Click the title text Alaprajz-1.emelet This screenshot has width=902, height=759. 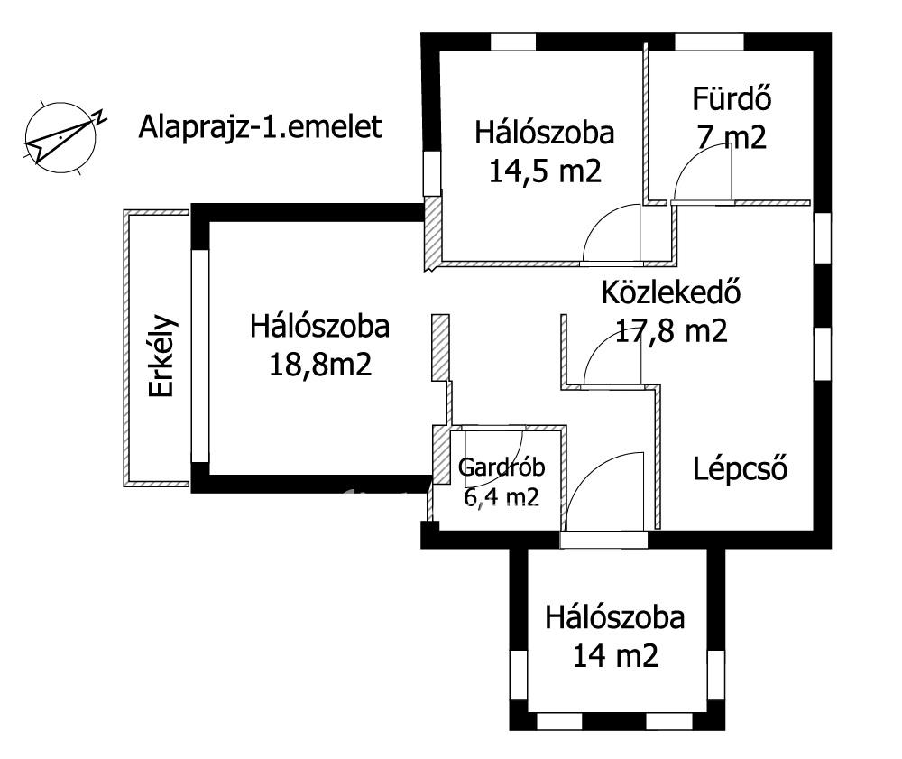point(260,127)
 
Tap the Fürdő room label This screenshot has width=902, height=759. point(732,98)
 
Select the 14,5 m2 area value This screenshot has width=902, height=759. point(545,171)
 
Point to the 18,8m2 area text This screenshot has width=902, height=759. point(320,365)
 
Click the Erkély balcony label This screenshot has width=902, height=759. point(161,356)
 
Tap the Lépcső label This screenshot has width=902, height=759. point(740,469)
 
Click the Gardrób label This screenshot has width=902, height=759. point(502,467)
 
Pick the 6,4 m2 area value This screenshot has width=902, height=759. point(502,496)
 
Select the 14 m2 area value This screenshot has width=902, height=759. point(615,655)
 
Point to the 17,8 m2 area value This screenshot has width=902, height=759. point(671,331)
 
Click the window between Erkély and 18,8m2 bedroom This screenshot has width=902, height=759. point(199,356)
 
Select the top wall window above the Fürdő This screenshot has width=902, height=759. point(709,42)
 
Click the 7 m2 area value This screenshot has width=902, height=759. point(732,137)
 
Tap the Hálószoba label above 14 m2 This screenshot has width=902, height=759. point(615,617)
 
